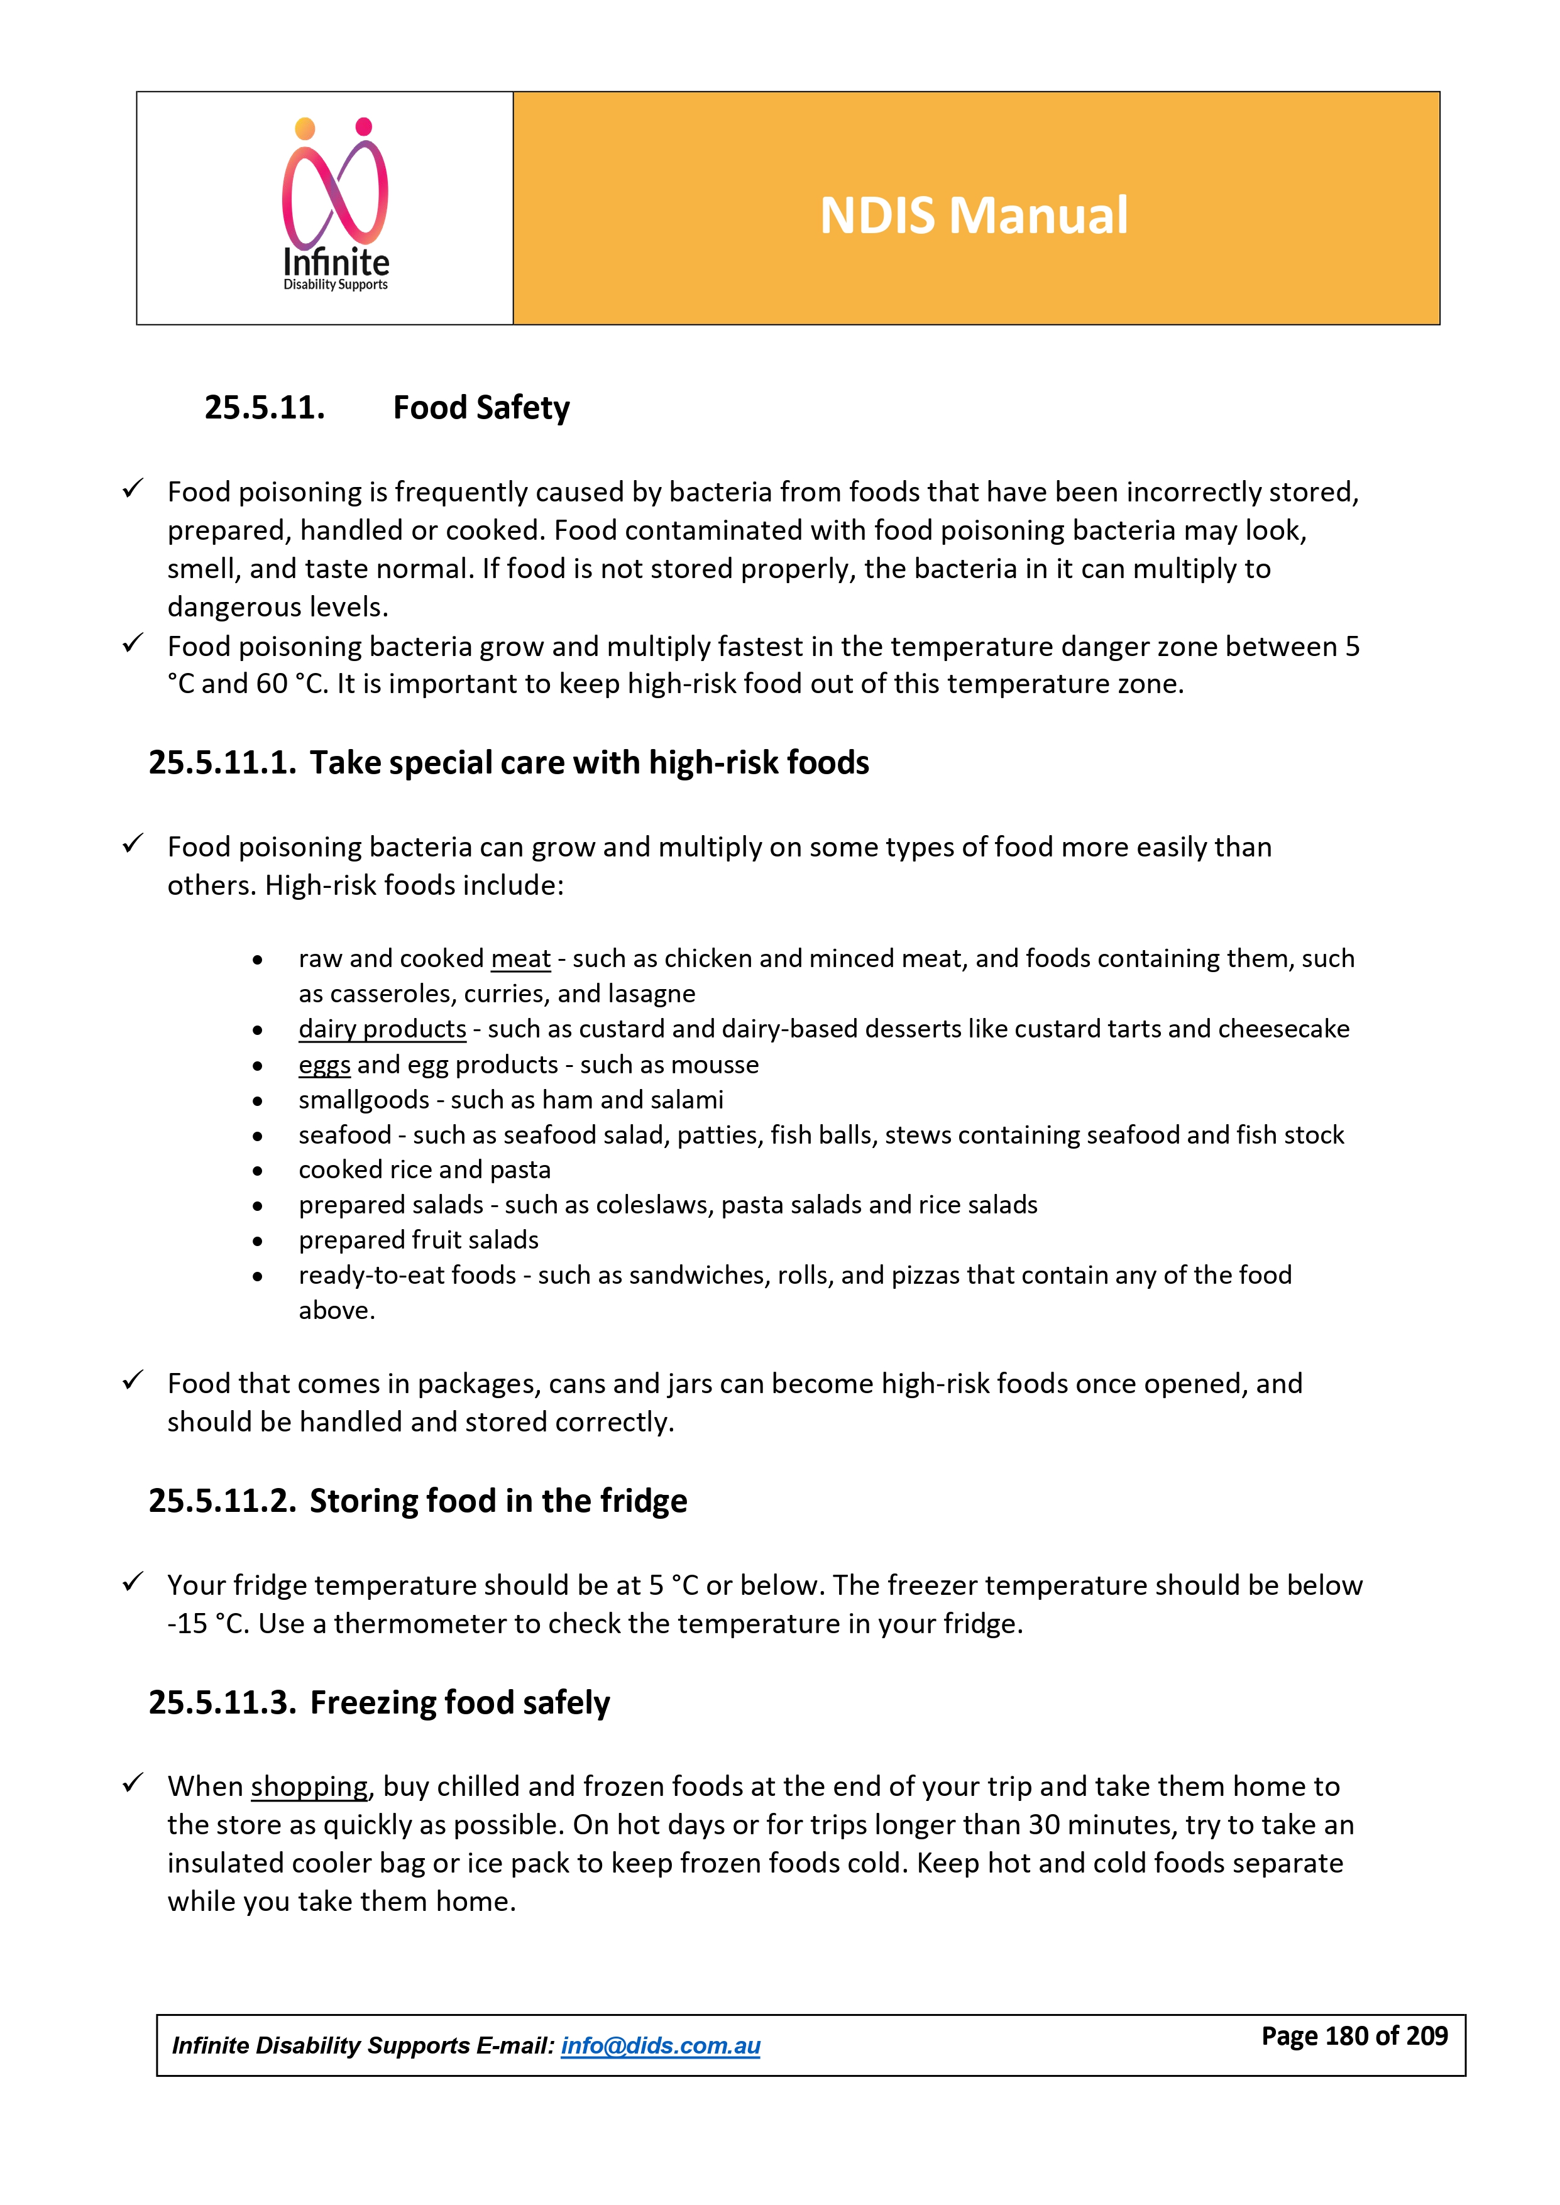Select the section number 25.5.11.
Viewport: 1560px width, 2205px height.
264,408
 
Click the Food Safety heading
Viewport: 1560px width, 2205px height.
481,408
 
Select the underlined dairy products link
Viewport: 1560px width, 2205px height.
382,1029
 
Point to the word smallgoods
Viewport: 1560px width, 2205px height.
363,1100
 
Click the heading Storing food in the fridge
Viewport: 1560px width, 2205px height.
498,1501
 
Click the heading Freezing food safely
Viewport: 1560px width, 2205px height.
459,1703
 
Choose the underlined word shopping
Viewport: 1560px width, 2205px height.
309,1786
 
